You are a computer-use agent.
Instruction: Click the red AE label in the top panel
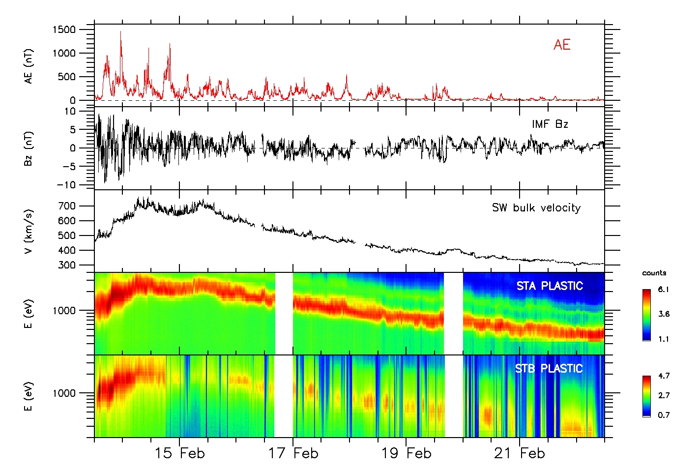pyautogui.click(x=562, y=45)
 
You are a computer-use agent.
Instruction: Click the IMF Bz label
pyautogui.click(x=550, y=124)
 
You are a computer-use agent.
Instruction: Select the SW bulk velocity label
pyautogui.click(x=536, y=208)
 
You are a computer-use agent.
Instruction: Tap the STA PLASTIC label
pyautogui.click(x=550, y=286)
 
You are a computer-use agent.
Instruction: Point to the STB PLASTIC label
pyautogui.click(x=549, y=369)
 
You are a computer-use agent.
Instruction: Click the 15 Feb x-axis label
pyautogui.click(x=179, y=453)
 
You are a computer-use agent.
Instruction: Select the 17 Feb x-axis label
pyautogui.click(x=293, y=453)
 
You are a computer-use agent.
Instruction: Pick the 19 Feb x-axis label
pyautogui.click(x=406, y=453)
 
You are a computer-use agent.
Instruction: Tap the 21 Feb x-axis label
pyautogui.click(x=520, y=453)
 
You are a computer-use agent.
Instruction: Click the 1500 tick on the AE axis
pyautogui.click(x=64, y=30)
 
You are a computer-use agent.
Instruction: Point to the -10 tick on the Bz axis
pyautogui.click(x=66, y=185)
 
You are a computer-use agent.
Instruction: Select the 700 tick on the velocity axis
pyautogui.click(x=67, y=206)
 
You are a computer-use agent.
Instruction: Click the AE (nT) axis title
pyautogui.click(x=29, y=66)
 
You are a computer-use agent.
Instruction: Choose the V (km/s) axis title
pyautogui.click(x=29, y=231)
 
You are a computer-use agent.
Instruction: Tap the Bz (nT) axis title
pyautogui.click(x=29, y=148)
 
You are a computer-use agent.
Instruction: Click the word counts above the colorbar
pyautogui.click(x=654, y=273)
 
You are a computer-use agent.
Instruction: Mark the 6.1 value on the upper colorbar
pyautogui.click(x=664, y=290)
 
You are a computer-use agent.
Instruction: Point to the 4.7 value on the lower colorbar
pyautogui.click(x=664, y=376)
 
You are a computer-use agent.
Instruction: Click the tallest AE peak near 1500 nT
pyautogui.click(x=121, y=32)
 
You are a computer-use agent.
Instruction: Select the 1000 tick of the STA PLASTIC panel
pyautogui.click(x=64, y=311)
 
